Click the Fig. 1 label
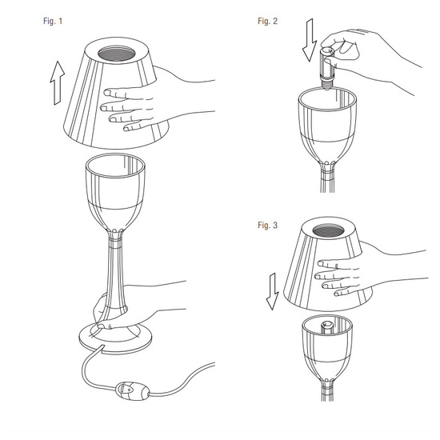click(53, 21)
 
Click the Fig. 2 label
click(267, 21)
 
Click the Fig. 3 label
click(267, 225)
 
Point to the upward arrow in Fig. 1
click(58, 82)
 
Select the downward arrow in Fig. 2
click(310, 40)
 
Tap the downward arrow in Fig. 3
click(273, 291)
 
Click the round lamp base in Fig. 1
click(116, 338)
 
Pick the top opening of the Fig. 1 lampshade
click(117, 54)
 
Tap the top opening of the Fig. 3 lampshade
click(328, 231)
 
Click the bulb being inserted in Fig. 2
click(327, 69)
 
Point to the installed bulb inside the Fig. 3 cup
click(326, 328)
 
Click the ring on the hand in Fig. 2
click(362, 31)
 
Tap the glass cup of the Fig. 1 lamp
click(115, 194)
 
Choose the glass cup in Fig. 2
click(327, 126)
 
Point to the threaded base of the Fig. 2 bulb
click(326, 85)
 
